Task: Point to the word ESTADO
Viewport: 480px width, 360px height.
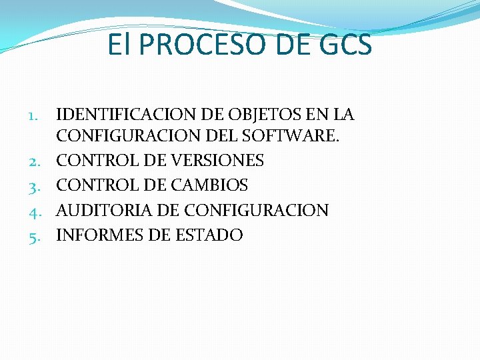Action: tap(207, 235)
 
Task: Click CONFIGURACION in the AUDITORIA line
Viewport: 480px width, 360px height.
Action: tap(257, 211)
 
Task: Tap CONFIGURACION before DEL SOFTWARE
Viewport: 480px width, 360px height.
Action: tap(123, 137)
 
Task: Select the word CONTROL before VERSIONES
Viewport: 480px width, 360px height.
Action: tap(94, 161)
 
